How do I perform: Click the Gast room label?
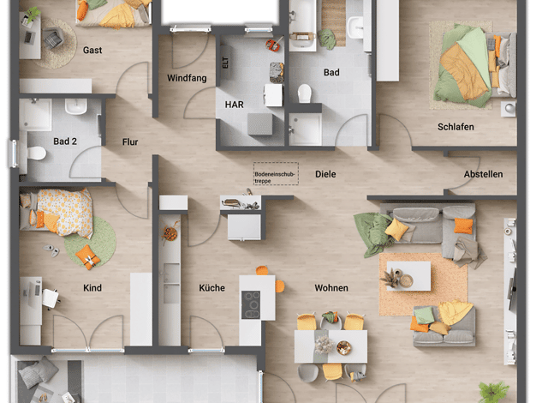[92, 51]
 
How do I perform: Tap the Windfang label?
[187, 78]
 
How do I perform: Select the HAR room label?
[234, 105]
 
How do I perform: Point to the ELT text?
[225, 63]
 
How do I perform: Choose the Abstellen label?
[483, 174]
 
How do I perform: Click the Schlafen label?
[456, 127]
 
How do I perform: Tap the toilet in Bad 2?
[34, 153]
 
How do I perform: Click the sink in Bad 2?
[76, 106]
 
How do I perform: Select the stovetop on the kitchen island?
[251, 304]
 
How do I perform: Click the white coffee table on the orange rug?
[408, 276]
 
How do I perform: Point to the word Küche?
[212, 288]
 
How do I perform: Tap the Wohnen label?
[331, 288]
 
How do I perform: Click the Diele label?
[325, 174]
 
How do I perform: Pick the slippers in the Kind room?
[51, 250]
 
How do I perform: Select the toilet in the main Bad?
[304, 93]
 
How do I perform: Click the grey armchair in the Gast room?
[53, 39]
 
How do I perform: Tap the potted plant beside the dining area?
[492, 391]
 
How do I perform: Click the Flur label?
[130, 142]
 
